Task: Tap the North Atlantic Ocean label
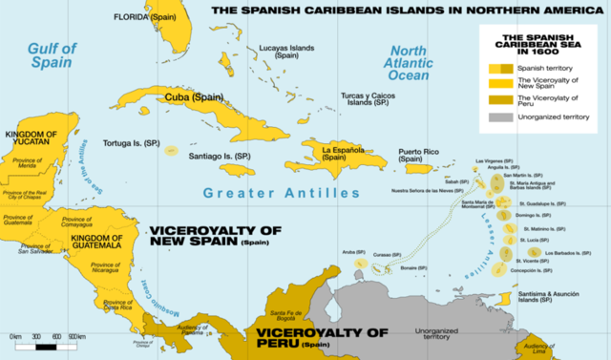[416, 62]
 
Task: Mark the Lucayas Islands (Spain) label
[287, 53]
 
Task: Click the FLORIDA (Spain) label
[144, 17]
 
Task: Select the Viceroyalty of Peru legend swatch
[500, 99]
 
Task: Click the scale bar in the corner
[43, 345]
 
